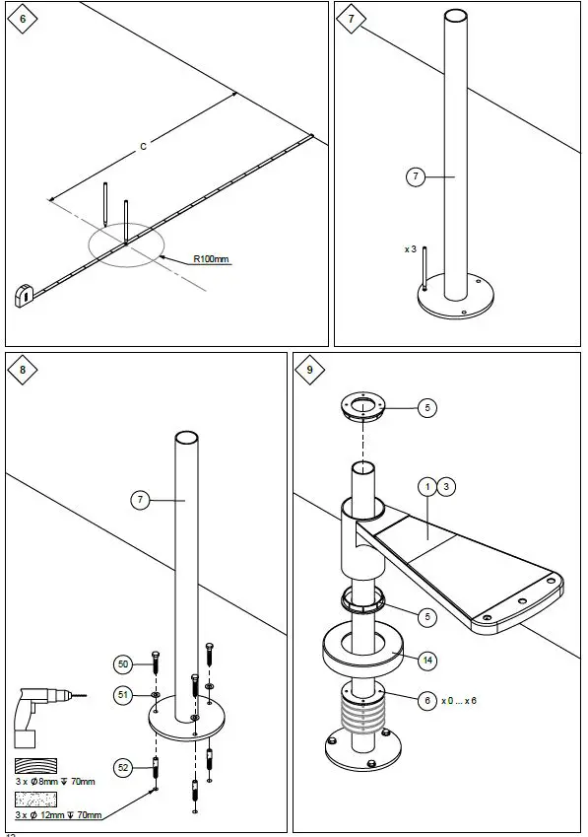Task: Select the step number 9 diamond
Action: tap(310, 370)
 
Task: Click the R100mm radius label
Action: tap(211, 259)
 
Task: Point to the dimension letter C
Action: tap(143, 147)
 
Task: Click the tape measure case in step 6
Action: tap(25, 295)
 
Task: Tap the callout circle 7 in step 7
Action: tap(416, 176)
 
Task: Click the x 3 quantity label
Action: tap(411, 249)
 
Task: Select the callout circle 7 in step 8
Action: tap(141, 501)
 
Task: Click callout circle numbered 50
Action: tap(123, 663)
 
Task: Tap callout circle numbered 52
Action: tap(123, 766)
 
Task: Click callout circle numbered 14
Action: tap(426, 660)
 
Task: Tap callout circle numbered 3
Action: tap(446, 486)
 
